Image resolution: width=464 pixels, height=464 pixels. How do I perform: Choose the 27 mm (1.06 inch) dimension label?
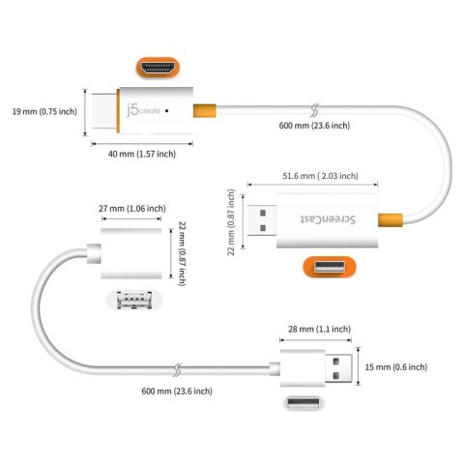(133, 208)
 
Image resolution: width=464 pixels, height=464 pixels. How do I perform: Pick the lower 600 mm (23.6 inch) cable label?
(177, 390)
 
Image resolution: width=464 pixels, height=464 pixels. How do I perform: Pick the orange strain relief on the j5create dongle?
(200, 111)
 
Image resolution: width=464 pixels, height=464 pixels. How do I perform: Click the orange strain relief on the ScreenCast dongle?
(389, 221)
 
